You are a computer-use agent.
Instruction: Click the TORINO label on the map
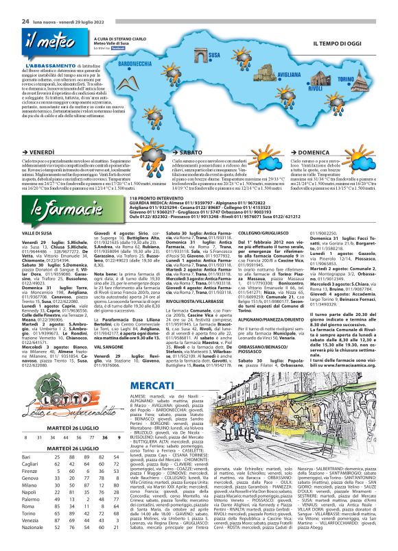pos(364,79)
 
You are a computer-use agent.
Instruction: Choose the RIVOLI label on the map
pos(316,88)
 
